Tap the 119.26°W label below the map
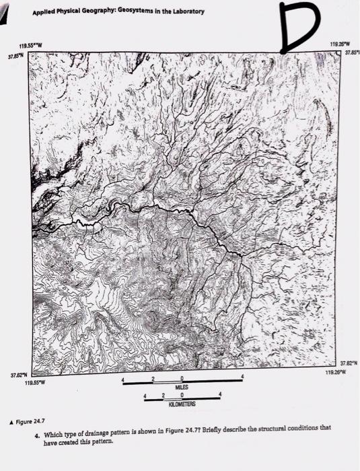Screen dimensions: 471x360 335,371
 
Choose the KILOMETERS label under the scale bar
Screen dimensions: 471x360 183,406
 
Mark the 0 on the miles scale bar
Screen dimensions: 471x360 182,381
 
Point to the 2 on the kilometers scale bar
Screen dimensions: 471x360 164,397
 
